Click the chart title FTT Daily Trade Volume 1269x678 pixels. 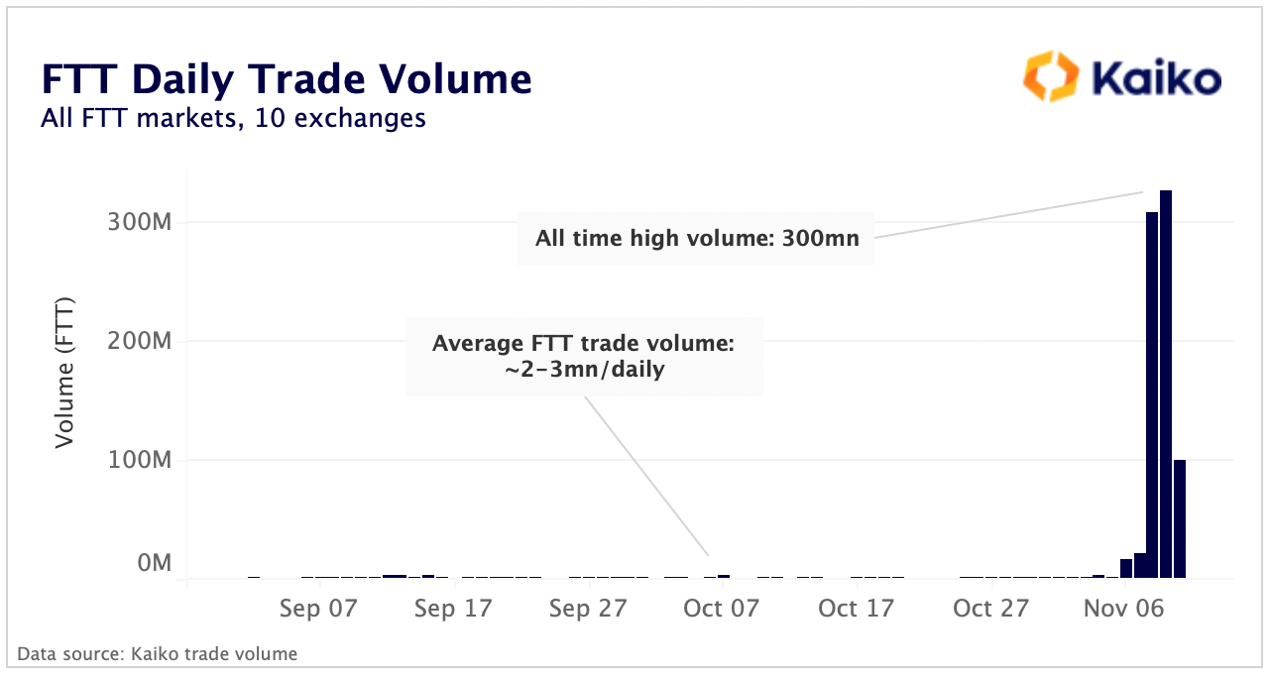(x=287, y=78)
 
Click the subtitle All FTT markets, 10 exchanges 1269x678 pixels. (x=233, y=119)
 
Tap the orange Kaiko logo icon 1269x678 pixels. (x=1049, y=77)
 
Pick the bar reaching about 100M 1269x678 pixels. (x=1180, y=518)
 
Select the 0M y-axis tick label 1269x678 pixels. (x=155, y=563)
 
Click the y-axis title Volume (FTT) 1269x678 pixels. (x=65, y=371)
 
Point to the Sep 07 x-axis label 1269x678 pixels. (x=318, y=609)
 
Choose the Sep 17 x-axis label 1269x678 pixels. (x=453, y=609)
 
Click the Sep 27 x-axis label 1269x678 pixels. (x=588, y=609)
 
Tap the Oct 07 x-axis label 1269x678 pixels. (x=722, y=609)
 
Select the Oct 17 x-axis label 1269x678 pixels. (x=857, y=609)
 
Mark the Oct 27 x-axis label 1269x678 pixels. (x=990, y=609)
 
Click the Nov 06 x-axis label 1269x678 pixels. (x=1124, y=609)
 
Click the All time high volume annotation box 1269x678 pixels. (x=696, y=238)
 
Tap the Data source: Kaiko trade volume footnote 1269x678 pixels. (x=157, y=654)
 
